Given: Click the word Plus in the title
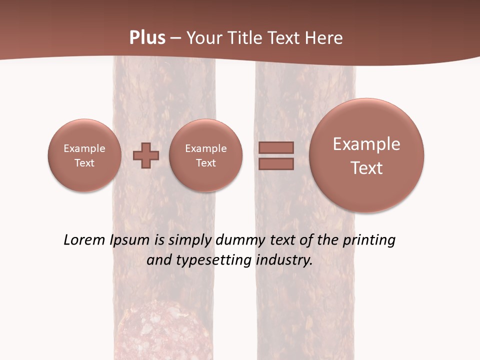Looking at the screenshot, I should click(x=147, y=38).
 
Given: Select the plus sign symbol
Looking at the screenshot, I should click(x=146, y=155).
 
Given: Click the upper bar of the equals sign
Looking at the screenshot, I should click(x=276, y=147).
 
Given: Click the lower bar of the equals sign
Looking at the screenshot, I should click(x=276, y=164).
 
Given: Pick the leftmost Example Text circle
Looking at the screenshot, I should click(x=84, y=155).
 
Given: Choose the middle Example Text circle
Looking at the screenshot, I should click(x=205, y=155).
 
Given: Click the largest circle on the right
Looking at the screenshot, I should click(x=366, y=155).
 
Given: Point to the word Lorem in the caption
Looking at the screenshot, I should click(x=85, y=240).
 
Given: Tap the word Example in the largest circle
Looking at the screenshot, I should click(x=366, y=144).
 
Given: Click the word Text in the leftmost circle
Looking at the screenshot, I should click(x=84, y=163).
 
